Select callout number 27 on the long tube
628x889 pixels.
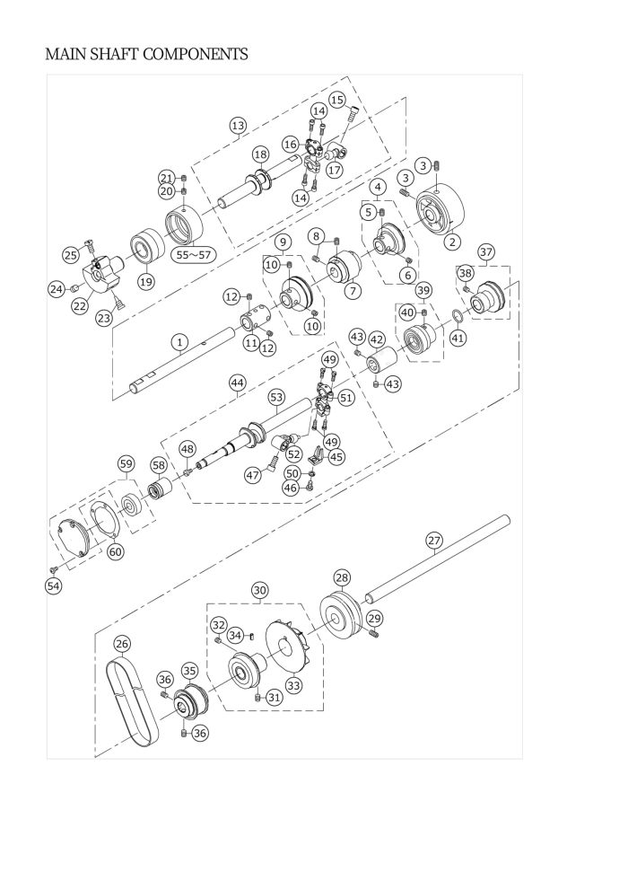tap(434, 541)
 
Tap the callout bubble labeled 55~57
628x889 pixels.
tap(193, 255)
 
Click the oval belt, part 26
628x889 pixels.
tap(132, 700)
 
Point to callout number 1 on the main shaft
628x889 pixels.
tap(179, 342)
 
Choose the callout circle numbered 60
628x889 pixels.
tap(115, 551)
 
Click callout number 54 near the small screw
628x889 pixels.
tap(53, 586)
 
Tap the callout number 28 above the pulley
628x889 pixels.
tap(342, 577)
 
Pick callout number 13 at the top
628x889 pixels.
tap(239, 126)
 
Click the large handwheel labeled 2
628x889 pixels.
tap(440, 212)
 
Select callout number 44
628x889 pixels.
tap(238, 383)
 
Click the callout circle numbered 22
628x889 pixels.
tap(80, 305)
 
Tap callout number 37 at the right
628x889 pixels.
tap(486, 251)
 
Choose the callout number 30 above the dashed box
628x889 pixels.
tap(260, 590)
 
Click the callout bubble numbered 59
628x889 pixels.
tap(126, 463)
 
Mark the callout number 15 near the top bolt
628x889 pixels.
tap(337, 100)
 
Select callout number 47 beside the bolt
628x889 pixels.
tap(253, 474)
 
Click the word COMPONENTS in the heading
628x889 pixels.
tap(195, 55)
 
